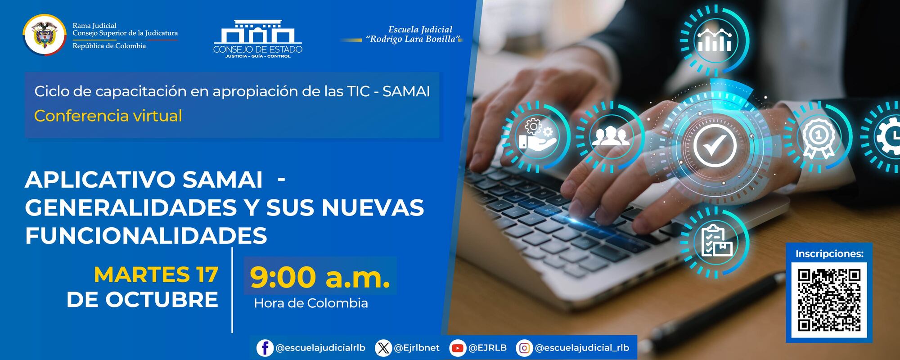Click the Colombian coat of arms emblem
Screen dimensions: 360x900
point(44,35)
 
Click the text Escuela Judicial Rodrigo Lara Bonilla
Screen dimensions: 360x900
point(414,34)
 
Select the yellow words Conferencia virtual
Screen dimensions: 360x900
point(108,116)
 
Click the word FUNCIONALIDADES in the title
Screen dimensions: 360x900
point(146,235)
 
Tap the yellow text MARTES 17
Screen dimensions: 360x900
point(156,274)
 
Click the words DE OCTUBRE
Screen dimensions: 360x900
point(142,300)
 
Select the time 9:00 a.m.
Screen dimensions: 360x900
point(320,278)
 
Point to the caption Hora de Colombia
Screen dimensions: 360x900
point(310,303)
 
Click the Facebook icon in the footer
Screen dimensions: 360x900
point(265,348)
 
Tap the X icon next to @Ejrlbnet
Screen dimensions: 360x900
point(383,348)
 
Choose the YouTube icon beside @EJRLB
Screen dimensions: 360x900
point(458,348)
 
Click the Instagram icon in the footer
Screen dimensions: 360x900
point(524,348)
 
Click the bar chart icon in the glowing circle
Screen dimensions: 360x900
point(714,40)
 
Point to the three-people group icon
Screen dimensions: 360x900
point(608,135)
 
